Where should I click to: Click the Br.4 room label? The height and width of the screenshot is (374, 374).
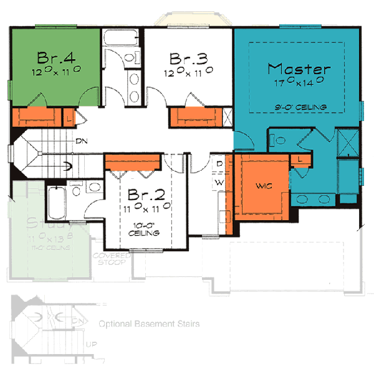[56, 57]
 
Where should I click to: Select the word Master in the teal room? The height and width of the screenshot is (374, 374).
[299, 67]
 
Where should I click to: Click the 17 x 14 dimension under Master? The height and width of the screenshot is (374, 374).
[299, 80]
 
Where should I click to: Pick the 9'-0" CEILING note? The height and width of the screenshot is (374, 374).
[304, 107]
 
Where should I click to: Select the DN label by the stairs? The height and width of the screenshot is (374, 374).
[81, 141]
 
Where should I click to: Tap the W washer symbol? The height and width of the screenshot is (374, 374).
[219, 182]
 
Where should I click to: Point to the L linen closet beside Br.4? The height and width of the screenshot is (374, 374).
[68, 115]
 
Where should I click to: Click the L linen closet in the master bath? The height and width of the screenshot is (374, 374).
[300, 160]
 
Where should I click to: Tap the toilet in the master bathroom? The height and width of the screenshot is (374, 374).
[279, 139]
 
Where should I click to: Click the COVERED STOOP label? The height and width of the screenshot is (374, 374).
[108, 259]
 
